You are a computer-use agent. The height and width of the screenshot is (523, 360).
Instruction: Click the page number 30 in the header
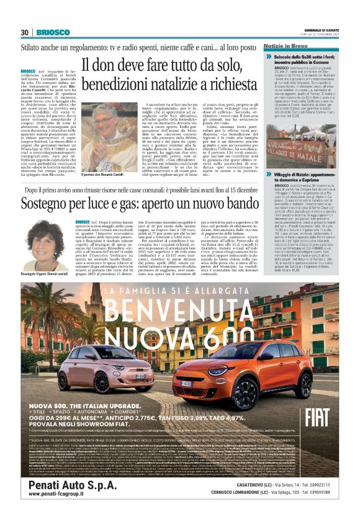25,32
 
